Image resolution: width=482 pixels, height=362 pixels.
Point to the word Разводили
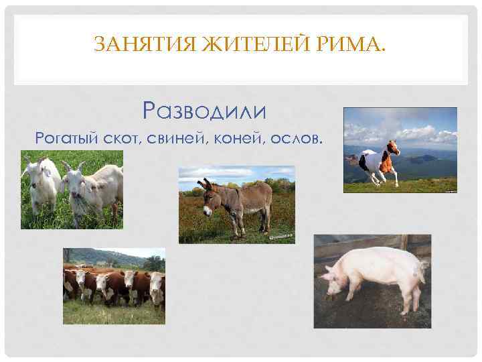tap(205, 109)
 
